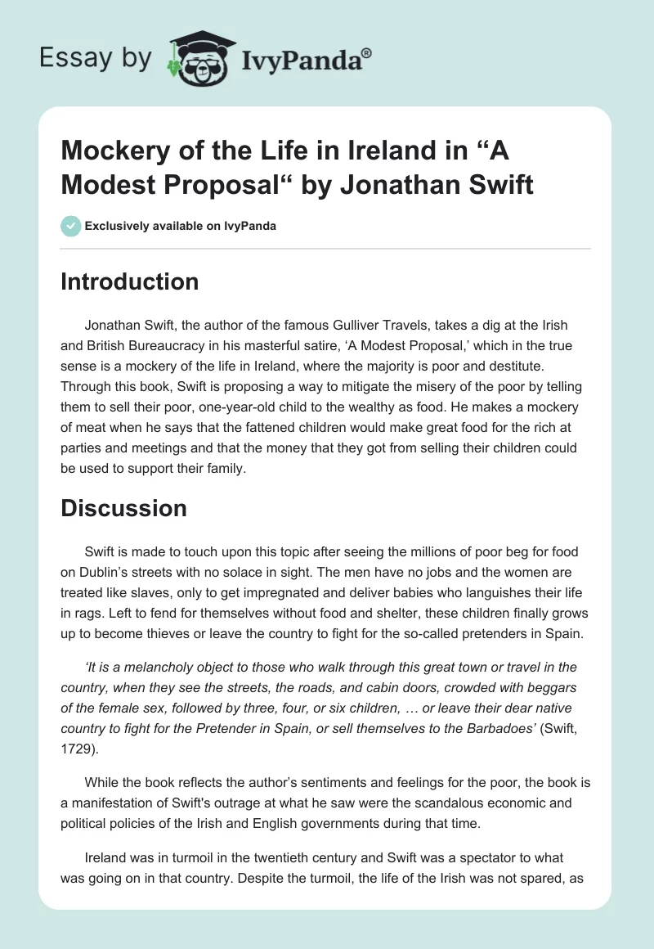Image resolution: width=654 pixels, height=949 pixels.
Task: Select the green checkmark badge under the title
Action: point(71,226)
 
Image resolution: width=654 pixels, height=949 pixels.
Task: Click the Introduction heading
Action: point(130,281)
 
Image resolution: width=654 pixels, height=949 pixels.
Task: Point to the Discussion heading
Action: point(124,508)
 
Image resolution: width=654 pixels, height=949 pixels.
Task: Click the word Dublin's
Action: point(116,573)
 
